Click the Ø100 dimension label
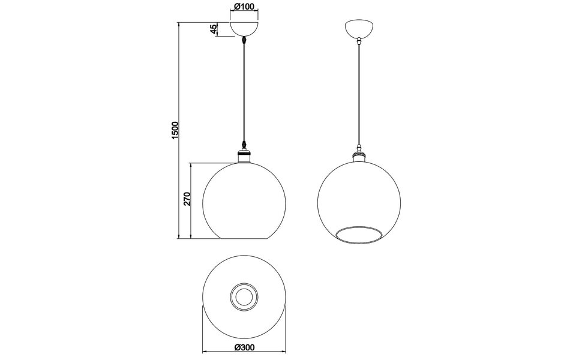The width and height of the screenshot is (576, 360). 244,7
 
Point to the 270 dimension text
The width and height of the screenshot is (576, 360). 187,199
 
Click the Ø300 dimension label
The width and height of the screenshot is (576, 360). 244,347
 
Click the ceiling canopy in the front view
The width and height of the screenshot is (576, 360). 244,29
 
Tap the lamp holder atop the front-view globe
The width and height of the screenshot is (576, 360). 244,156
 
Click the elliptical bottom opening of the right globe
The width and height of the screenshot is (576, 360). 359,236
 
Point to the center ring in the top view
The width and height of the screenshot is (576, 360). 244,296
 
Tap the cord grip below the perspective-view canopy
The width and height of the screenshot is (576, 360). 359,42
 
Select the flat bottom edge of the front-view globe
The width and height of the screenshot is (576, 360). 244,239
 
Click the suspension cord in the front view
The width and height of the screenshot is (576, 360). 244,90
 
